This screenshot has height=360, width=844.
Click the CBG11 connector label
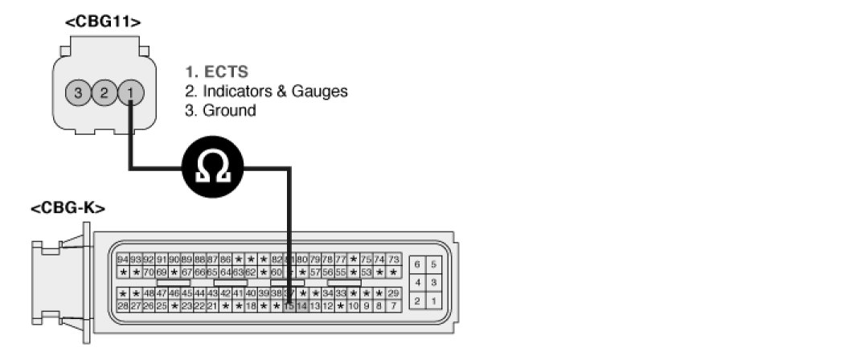[x=103, y=22]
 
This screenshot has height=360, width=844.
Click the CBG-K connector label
[x=68, y=209]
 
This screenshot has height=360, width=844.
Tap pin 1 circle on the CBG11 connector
[x=130, y=92]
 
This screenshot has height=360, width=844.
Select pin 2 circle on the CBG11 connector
[x=104, y=92]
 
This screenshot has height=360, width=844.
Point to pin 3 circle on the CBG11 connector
[x=78, y=92]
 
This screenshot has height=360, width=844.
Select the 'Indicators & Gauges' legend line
[x=266, y=92]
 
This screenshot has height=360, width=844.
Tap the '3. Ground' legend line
[x=220, y=111]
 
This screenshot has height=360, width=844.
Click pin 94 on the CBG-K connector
[x=123, y=260]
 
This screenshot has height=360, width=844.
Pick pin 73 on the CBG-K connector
[x=394, y=260]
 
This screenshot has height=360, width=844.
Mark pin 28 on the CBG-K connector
[x=123, y=306]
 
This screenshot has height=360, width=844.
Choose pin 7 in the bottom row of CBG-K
[x=394, y=306]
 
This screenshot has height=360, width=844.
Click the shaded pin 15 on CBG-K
[x=289, y=306]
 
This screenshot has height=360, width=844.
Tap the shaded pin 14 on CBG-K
[x=302, y=306]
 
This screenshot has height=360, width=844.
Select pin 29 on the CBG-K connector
[x=394, y=293]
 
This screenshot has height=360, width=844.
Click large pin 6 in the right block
[x=418, y=264]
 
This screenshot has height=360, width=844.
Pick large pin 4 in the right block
[x=418, y=283]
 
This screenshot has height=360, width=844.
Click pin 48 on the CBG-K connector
[x=149, y=293]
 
